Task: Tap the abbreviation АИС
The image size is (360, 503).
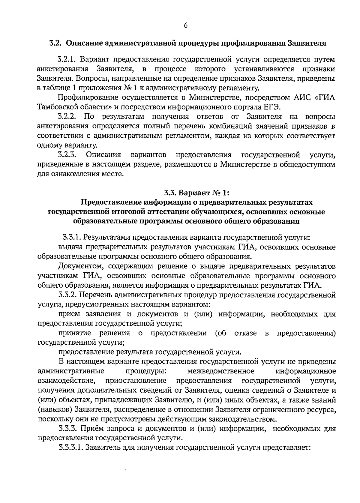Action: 301,98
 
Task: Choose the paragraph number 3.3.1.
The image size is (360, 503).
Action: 72,238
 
